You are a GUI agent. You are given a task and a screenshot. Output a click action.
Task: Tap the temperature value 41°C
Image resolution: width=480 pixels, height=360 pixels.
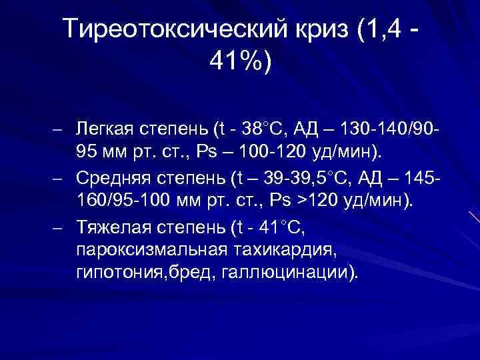[x=279, y=230]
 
